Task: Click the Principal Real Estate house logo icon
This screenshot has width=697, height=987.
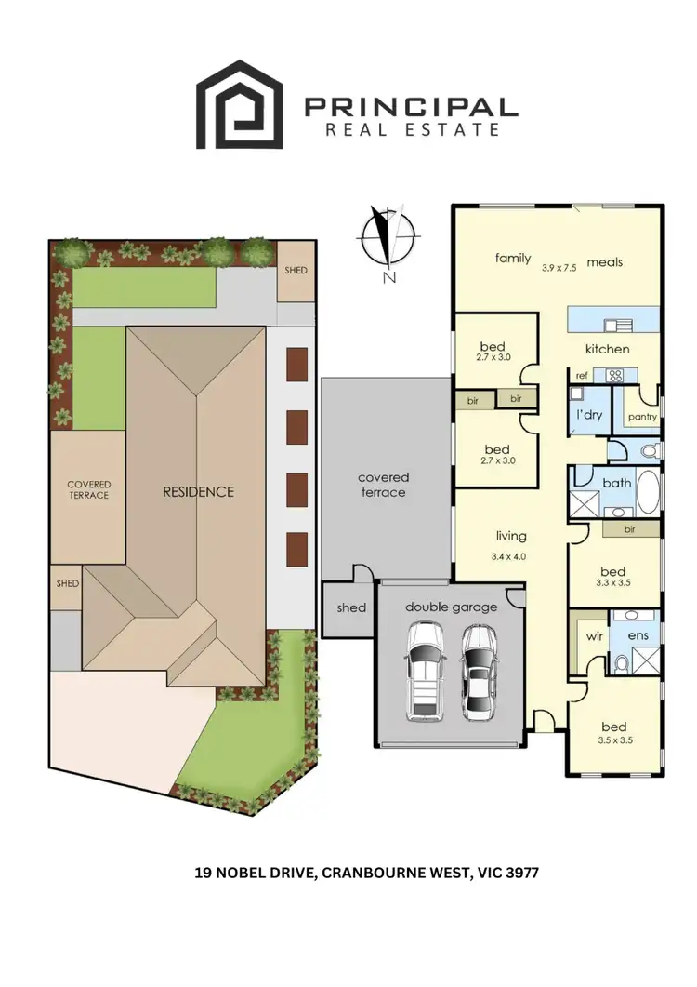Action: pyautogui.click(x=239, y=104)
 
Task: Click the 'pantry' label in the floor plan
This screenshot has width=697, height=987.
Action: pyautogui.click(x=640, y=417)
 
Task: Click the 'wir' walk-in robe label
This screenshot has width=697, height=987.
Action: pyautogui.click(x=594, y=637)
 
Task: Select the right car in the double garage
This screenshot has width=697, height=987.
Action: pyautogui.click(x=478, y=670)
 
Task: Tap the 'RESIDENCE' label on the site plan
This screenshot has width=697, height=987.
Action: pyautogui.click(x=199, y=491)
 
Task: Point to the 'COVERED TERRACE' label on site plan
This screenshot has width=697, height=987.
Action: pyautogui.click(x=89, y=489)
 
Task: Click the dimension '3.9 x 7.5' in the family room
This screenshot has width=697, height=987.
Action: pyautogui.click(x=559, y=267)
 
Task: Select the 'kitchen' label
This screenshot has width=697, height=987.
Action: pyautogui.click(x=607, y=349)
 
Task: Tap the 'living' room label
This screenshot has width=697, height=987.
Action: pyautogui.click(x=511, y=536)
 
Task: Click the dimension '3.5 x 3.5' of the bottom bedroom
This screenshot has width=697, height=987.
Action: pyautogui.click(x=614, y=743)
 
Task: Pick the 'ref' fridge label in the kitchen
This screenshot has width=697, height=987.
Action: pyautogui.click(x=581, y=376)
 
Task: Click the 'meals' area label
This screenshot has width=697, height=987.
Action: pyautogui.click(x=605, y=262)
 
